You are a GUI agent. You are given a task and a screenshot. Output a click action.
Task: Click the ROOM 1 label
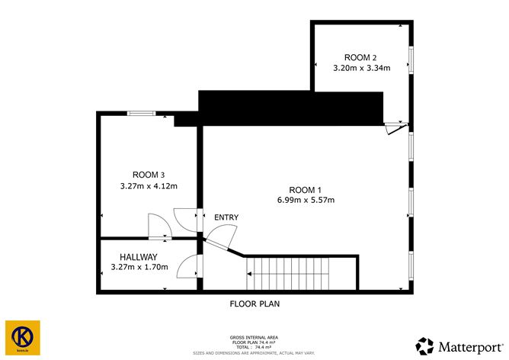306,189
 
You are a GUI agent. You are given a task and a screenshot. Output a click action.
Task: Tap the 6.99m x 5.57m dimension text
306,200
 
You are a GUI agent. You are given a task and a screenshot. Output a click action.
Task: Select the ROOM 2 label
360,57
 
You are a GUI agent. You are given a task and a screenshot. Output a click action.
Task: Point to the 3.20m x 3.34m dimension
361,68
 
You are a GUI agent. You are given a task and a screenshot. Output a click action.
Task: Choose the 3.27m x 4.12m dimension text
149,185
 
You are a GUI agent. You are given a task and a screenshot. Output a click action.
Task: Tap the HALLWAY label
138,257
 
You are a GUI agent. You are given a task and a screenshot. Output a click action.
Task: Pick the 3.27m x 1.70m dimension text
139,267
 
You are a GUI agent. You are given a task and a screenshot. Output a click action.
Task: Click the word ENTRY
226,217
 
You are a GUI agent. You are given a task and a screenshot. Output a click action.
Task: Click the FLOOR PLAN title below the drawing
256,303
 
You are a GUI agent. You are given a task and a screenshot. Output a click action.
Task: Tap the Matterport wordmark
468,344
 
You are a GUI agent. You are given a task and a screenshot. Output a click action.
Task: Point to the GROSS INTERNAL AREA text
254,336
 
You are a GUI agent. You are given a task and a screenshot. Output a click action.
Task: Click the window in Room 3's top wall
140,114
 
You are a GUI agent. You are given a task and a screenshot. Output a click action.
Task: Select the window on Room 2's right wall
411,58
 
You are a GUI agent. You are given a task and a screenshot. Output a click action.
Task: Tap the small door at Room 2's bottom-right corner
393,128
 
